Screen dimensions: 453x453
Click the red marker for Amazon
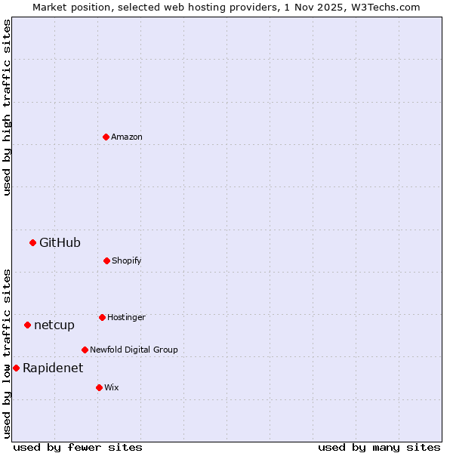(x=106, y=137)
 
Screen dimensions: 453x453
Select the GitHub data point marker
(x=32, y=242)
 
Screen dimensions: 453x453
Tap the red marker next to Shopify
(x=106, y=260)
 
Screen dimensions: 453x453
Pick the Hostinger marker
(x=102, y=317)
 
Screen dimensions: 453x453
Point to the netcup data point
(x=27, y=325)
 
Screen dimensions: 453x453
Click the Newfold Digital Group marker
(x=85, y=350)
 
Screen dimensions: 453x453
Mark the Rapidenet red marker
(x=16, y=368)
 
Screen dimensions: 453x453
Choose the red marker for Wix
(x=99, y=387)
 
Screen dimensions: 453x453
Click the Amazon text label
(x=127, y=137)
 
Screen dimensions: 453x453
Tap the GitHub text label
(x=60, y=242)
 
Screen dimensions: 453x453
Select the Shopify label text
(x=127, y=260)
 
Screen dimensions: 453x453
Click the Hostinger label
(x=126, y=317)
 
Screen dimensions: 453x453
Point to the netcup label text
(x=54, y=325)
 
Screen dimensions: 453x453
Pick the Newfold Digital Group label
(x=134, y=350)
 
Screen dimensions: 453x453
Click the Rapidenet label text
(x=53, y=368)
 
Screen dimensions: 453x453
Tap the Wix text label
(x=112, y=387)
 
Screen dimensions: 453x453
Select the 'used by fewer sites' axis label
(x=78, y=447)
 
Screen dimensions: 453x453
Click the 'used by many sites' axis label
(x=379, y=447)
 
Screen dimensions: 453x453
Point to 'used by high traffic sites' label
(x=7, y=106)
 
